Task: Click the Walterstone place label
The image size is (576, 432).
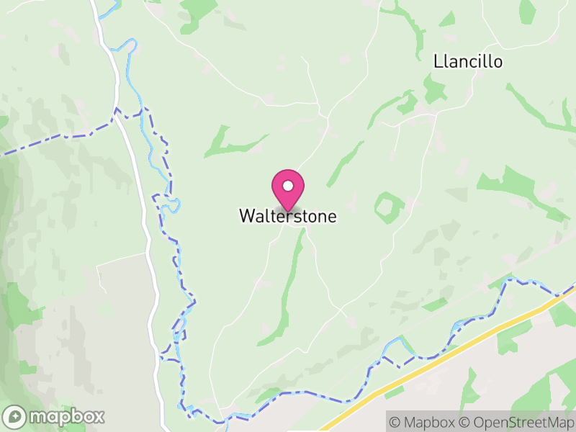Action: tap(287, 216)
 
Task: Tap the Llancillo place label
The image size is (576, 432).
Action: tap(468, 62)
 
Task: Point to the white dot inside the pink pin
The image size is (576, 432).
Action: tap(288, 186)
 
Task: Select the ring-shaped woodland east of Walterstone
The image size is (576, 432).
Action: tap(388, 207)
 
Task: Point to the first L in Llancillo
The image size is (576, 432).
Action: tap(438, 62)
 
